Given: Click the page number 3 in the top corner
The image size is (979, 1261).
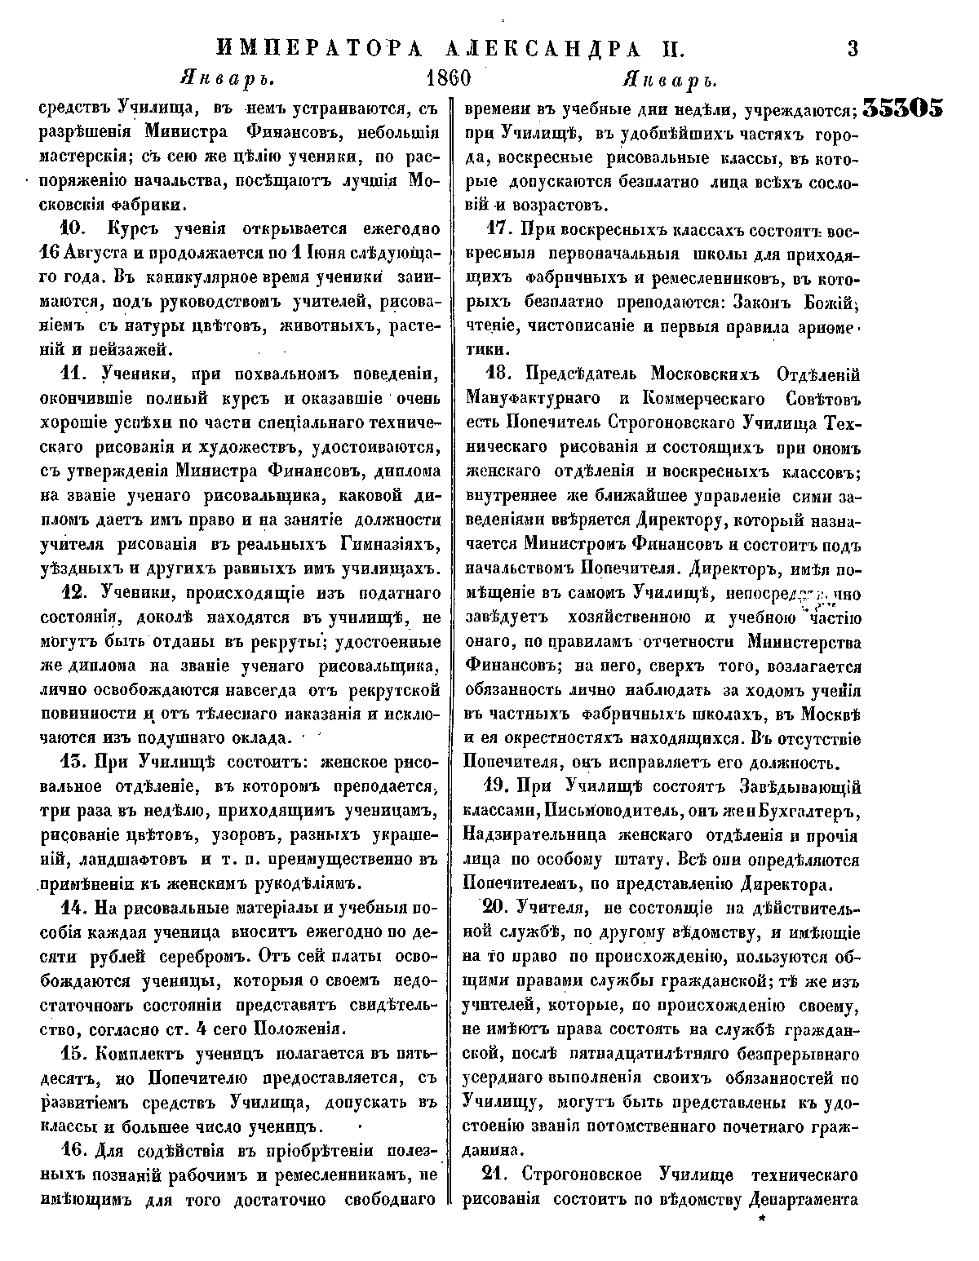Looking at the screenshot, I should [853, 48].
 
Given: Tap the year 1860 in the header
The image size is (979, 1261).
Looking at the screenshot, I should [450, 80].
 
